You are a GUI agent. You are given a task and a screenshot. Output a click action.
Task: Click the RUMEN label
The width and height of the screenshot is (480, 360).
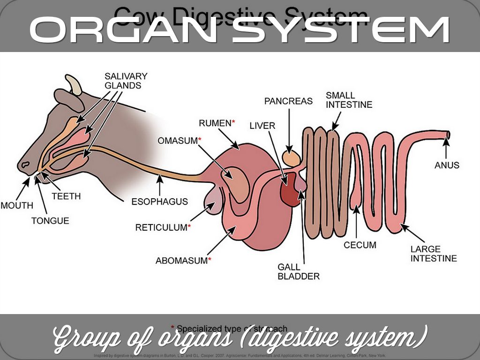pyautogui.click(x=215, y=123)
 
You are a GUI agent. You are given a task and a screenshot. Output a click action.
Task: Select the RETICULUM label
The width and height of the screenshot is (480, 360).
pyautogui.click(x=161, y=227)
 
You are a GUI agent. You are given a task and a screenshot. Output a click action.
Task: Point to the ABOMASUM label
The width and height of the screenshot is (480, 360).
pyautogui.click(x=181, y=260)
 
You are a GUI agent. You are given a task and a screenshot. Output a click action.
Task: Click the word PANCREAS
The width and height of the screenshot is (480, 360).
pyautogui.click(x=288, y=101)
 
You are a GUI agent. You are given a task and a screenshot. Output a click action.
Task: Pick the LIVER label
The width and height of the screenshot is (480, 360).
pyautogui.click(x=262, y=126)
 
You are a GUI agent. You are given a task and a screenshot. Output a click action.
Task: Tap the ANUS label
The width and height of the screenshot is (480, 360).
pyautogui.click(x=447, y=165)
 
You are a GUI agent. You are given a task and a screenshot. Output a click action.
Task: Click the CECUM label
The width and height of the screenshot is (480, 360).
pyautogui.click(x=360, y=245)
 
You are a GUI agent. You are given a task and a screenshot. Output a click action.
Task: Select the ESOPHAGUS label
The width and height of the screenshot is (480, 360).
pyautogui.click(x=159, y=202)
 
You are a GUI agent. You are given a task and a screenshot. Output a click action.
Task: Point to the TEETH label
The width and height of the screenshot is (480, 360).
pyautogui.click(x=66, y=196)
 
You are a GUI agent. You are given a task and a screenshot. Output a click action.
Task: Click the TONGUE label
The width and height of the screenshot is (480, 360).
pyautogui.click(x=50, y=220)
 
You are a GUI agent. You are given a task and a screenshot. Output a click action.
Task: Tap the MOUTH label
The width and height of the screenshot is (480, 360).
pyautogui.click(x=17, y=205)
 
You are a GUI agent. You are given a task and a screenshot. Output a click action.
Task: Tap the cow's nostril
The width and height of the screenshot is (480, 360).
pyautogui.click(x=24, y=165)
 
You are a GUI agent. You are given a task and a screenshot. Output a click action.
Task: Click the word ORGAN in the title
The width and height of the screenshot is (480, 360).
pyautogui.click(x=127, y=29)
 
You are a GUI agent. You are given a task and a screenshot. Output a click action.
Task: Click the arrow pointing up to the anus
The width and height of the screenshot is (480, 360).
pyautogui.click(x=446, y=149)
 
